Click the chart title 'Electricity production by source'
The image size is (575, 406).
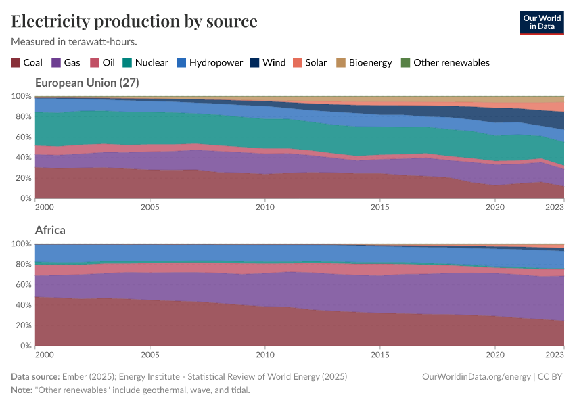click(x=134, y=21)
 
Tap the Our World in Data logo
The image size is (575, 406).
click(x=541, y=22)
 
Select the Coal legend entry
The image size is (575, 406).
click(x=26, y=62)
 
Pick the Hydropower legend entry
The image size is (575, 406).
click(x=210, y=62)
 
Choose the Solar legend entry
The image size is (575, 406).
click(x=310, y=62)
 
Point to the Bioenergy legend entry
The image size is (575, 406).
click(x=364, y=62)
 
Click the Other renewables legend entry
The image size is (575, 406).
click(x=445, y=62)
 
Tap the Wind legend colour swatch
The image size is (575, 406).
click(x=254, y=62)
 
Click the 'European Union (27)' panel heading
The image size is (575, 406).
click(x=87, y=83)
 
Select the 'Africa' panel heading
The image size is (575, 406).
click(x=50, y=230)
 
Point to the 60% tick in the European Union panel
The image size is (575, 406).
click(x=22, y=137)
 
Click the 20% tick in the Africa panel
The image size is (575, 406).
click(x=22, y=325)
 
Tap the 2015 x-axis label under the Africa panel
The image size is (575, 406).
click(x=380, y=355)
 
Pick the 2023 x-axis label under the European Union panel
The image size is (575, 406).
click(x=554, y=207)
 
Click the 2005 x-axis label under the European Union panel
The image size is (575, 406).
click(x=149, y=207)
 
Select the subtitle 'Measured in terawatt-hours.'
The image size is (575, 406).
click(x=74, y=41)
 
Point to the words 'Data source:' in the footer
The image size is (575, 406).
click(x=35, y=376)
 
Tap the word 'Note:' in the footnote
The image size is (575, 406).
click(x=23, y=390)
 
